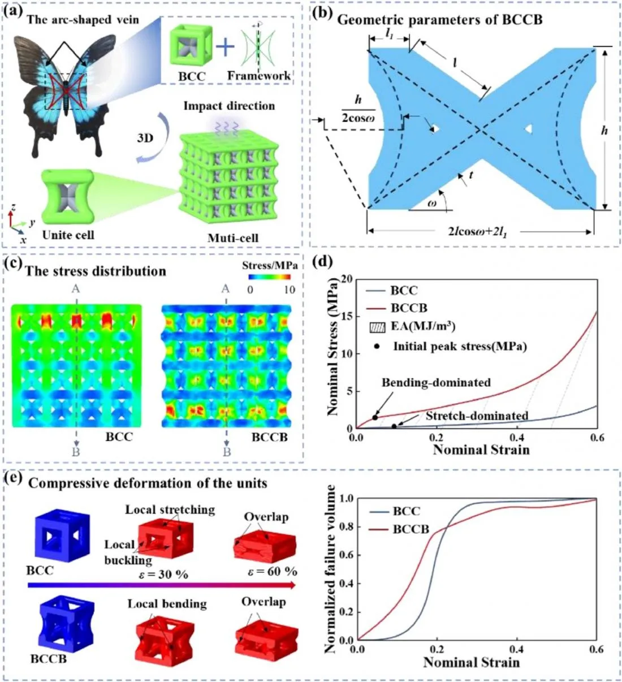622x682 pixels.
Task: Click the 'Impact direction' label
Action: click(x=229, y=106)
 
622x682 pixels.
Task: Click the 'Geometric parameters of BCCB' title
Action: click(x=439, y=20)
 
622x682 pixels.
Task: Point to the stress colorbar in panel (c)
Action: click(x=269, y=278)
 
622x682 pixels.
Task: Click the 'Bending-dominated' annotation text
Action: click(x=436, y=383)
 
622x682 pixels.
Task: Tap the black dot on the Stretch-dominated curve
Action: click(x=394, y=426)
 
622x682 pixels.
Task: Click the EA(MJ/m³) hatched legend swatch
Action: click(x=377, y=327)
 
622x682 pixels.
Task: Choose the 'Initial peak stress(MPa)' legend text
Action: click(x=460, y=346)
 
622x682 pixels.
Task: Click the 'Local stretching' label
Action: click(x=170, y=510)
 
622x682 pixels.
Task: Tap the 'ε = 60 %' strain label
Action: click(x=273, y=572)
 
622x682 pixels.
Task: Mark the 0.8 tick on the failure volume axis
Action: click(x=346, y=527)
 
